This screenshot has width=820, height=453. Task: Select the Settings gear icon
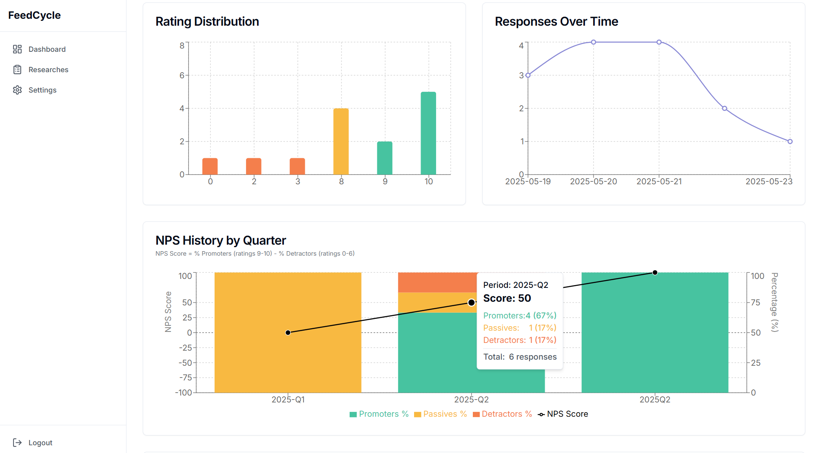pyautogui.click(x=17, y=90)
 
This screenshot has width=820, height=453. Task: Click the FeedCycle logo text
pyautogui.click(x=34, y=15)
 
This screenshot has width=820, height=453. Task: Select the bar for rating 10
pyautogui.click(x=428, y=133)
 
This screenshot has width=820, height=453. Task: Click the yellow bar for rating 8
pyautogui.click(x=341, y=141)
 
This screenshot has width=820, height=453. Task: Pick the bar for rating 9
pyautogui.click(x=385, y=158)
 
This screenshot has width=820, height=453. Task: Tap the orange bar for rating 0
pyautogui.click(x=210, y=166)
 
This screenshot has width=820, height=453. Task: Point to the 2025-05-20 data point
pyautogui.click(x=594, y=42)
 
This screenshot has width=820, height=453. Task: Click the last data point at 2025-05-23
pyautogui.click(x=790, y=141)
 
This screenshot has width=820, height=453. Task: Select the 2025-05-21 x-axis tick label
pyautogui.click(x=659, y=181)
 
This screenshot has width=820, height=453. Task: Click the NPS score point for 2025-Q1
pyautogui.click(x=288, y=333)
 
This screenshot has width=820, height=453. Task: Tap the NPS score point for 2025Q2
pyautogui.click(x=655, y=272)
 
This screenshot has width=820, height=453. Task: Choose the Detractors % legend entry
pyautogui.click(x=503, y=414)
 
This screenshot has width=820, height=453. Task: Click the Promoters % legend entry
pyautogui.click(x=379, y=414)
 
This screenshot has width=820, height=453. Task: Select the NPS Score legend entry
pyautogui.click(x=563, y=414)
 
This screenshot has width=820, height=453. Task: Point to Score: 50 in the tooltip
pyautogui.click(x=507, y=298)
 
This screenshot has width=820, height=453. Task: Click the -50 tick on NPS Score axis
pyautogui.click(x=185, y=363)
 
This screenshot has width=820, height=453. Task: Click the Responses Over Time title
pyautogui.click(x=556, y=22)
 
